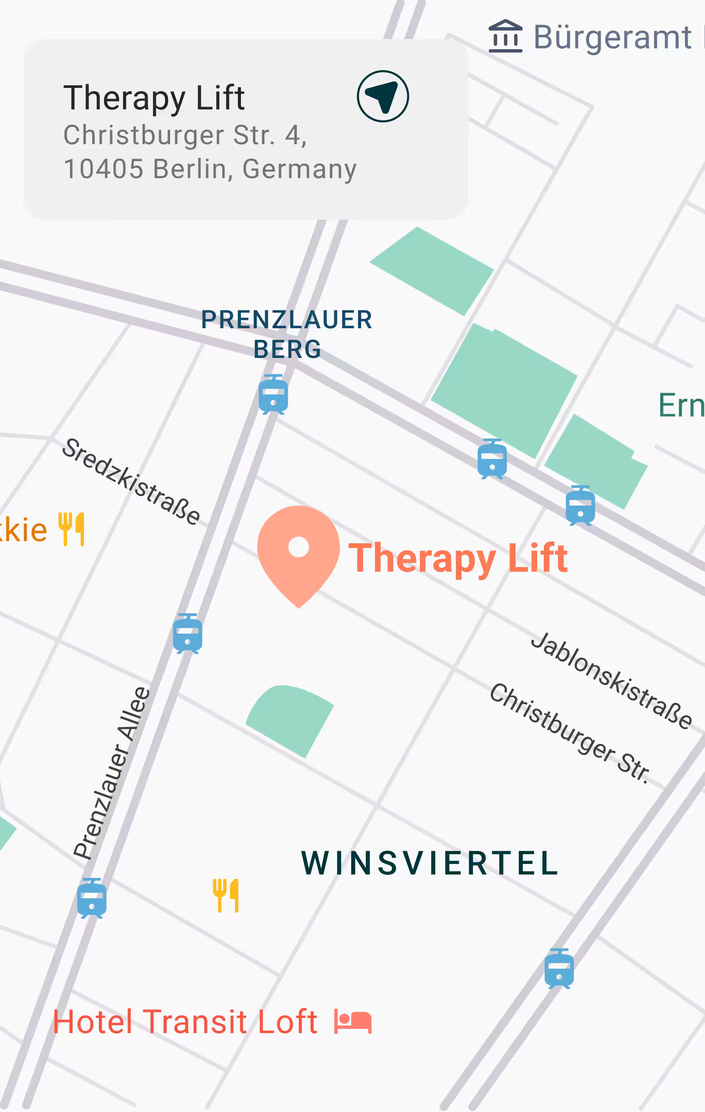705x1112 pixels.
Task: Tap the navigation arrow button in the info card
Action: point(383,96)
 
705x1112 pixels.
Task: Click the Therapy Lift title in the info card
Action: point(154,98)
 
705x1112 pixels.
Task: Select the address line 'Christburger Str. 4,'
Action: point(185,135)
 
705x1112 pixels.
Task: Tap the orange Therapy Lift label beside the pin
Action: point(458,558)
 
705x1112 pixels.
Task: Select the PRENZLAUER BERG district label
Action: point(287,334)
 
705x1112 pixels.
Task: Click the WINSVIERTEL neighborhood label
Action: point(430,863)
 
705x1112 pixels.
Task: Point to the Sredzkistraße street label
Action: point(131,482)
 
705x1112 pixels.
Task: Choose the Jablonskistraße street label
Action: point(611,680)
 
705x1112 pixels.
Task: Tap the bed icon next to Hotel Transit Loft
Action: point(353,1022)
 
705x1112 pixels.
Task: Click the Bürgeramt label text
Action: point(613,37)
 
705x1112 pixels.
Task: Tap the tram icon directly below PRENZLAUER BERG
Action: point(273,394)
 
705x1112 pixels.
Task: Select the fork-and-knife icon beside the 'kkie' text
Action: point(72,529)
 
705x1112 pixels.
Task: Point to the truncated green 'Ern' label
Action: point(681,405)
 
